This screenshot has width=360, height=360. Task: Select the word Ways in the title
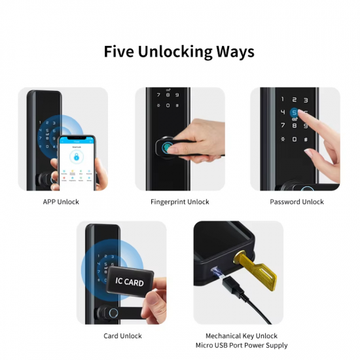tap(234, 52)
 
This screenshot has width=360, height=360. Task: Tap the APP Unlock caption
tap(61, 202)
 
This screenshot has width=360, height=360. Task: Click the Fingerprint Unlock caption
tap(180, 202)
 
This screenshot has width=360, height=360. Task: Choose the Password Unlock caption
tap(297, 202)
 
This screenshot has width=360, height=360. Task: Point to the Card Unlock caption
tap(122, 336)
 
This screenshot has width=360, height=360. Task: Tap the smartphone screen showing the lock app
tap(77, 162)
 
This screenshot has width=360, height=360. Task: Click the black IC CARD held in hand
tap(130, 282)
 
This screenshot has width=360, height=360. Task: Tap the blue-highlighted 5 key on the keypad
tap(295, 112)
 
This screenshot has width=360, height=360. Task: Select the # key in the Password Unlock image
tap(306, 139)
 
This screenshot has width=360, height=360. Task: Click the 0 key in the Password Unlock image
tap(294, 139)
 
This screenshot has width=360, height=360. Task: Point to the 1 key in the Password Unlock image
tap(283, 99)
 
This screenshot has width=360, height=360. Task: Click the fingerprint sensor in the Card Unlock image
tap(113, 313)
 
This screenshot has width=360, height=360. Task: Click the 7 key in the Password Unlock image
tap(283, 125)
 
